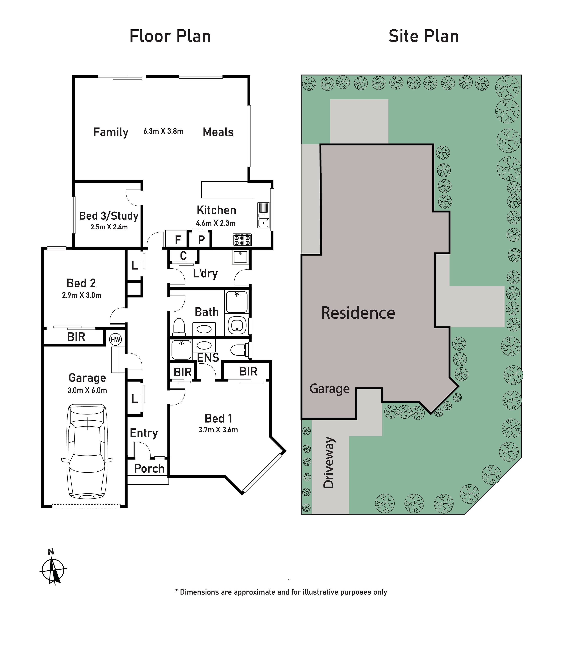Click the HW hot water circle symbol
[115, 339]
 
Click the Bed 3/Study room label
[109, 216]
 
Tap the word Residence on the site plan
[358, 313]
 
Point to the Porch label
[149, 469]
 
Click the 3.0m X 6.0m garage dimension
[87, 390]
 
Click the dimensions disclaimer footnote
[281, 592]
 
